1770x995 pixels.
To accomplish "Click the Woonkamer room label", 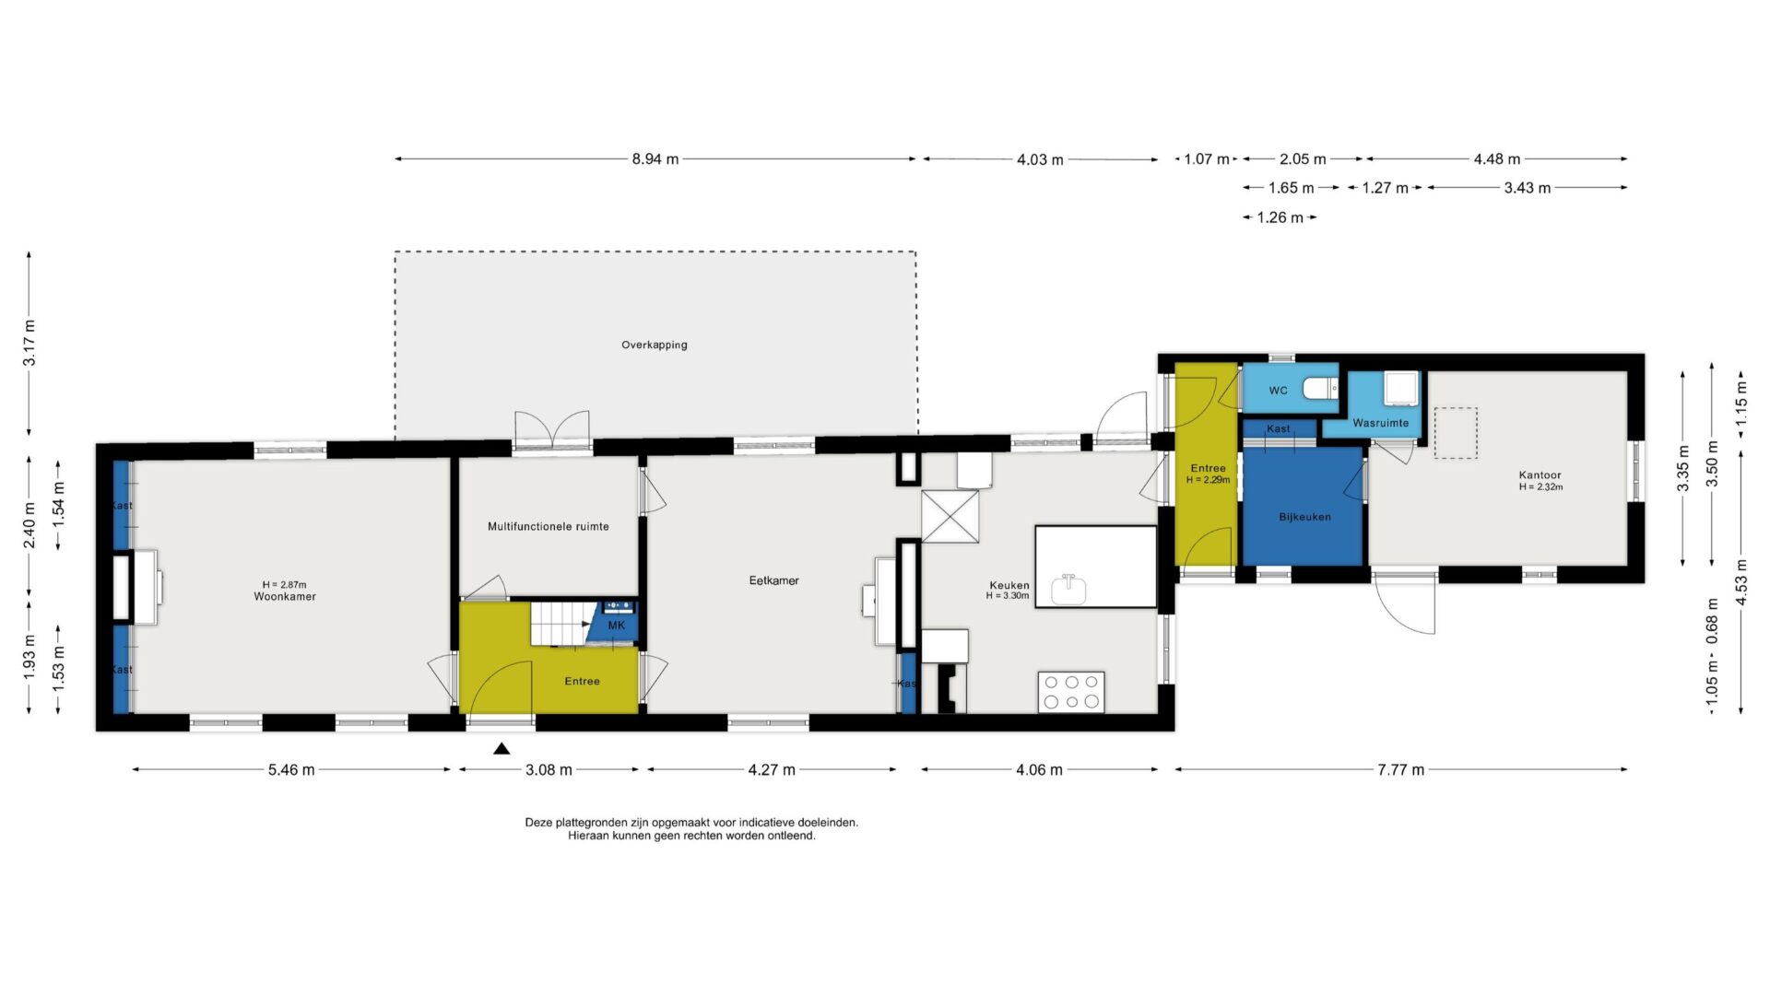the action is (x=285, y=597).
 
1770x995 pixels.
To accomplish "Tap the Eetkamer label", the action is (x=773, y=580).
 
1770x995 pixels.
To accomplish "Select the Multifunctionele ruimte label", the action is (x=549, y=527).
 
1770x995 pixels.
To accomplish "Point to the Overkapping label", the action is (x=654, y=345).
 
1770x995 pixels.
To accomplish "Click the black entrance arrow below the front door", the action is (x=501, y=749).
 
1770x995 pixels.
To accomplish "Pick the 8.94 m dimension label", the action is (x=655, y=159).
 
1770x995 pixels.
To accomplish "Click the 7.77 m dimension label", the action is (x=1401, y=769).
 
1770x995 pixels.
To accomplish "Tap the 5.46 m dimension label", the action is (x=291, y=769).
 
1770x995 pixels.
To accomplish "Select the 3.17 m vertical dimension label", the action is (x=29, y=343).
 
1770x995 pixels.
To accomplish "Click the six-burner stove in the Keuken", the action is (x=1072, y=693).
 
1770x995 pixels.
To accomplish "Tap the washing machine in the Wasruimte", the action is (x=1401, y=388).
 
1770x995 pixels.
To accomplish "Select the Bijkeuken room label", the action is (x=1304, y=517).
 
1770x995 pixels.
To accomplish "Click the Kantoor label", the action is (x=1540, y=475).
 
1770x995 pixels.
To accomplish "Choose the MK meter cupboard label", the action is (x=617, y=626).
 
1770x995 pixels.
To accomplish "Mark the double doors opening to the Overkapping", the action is (x=551, y=430).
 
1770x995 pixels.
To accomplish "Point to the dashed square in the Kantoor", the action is (x=1455, y=433).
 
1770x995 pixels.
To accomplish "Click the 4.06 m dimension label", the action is (x=1039, y=769).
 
